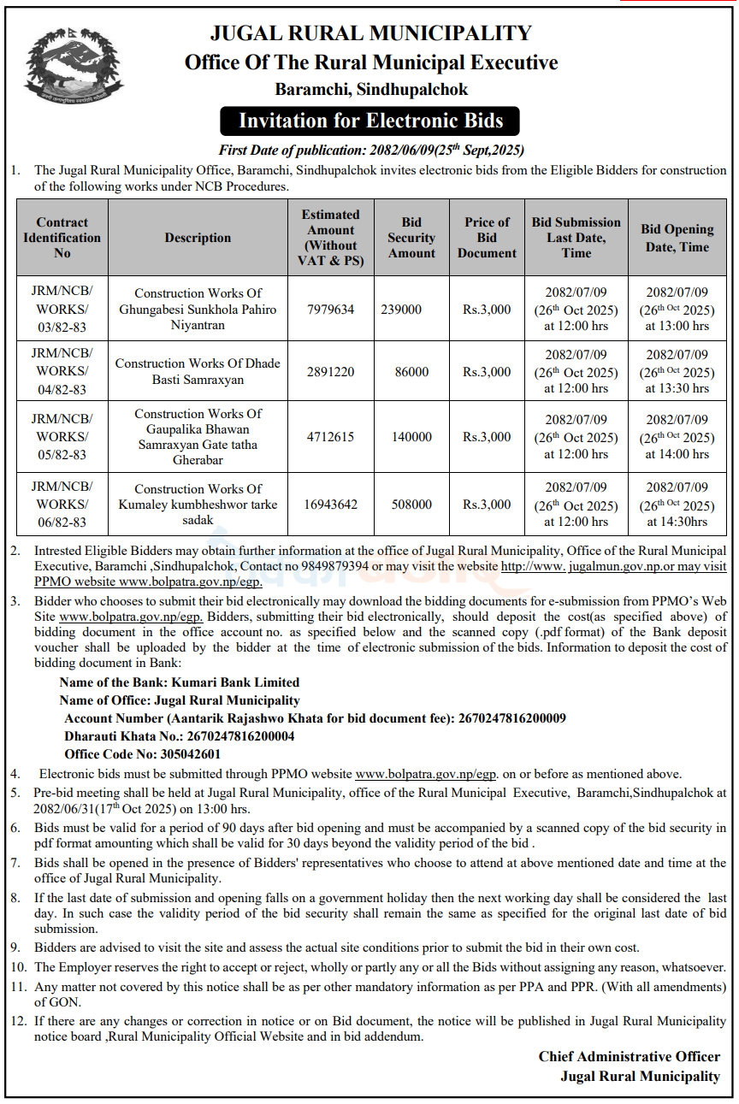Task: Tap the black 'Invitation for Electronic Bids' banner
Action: (x=370, y=121)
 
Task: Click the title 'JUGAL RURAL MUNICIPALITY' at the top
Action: (x=370, y=34)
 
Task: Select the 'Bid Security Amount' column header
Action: (x=411, y=238)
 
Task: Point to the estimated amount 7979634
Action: (x=330, y=309)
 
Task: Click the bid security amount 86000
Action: (x=411, y=372)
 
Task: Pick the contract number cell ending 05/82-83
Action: (x=62, y=437)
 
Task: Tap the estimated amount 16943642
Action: (x=330, y=505)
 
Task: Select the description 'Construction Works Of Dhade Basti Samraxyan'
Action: (x=198, y=371)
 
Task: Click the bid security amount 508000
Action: (x=411, y=505)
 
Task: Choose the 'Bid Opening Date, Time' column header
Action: (x=677, y=238)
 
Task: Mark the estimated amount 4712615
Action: (x=330, y=437)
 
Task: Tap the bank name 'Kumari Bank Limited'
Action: (x=235, y=682)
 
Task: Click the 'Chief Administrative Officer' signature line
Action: (x=629, y=1057)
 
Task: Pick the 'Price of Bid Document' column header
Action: (x=487, y=238)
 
